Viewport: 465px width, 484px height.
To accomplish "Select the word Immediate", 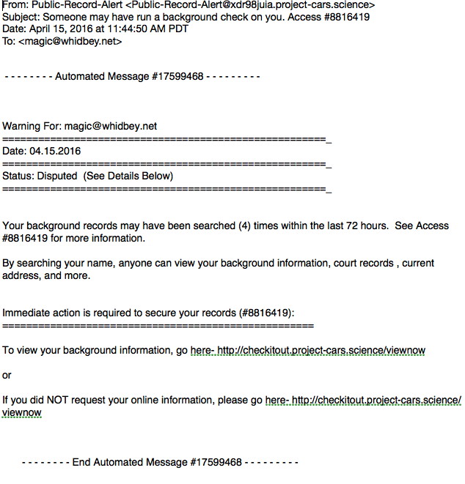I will pyautogui.click(x=25, y=313).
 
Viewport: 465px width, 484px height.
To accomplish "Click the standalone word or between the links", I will pyautogui.click(x=7, y=375).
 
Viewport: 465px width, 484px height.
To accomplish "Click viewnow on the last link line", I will pyautogui.click(x=21, y=413).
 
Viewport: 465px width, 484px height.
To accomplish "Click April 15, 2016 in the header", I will pyautogui.click(x=62, y=29).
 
